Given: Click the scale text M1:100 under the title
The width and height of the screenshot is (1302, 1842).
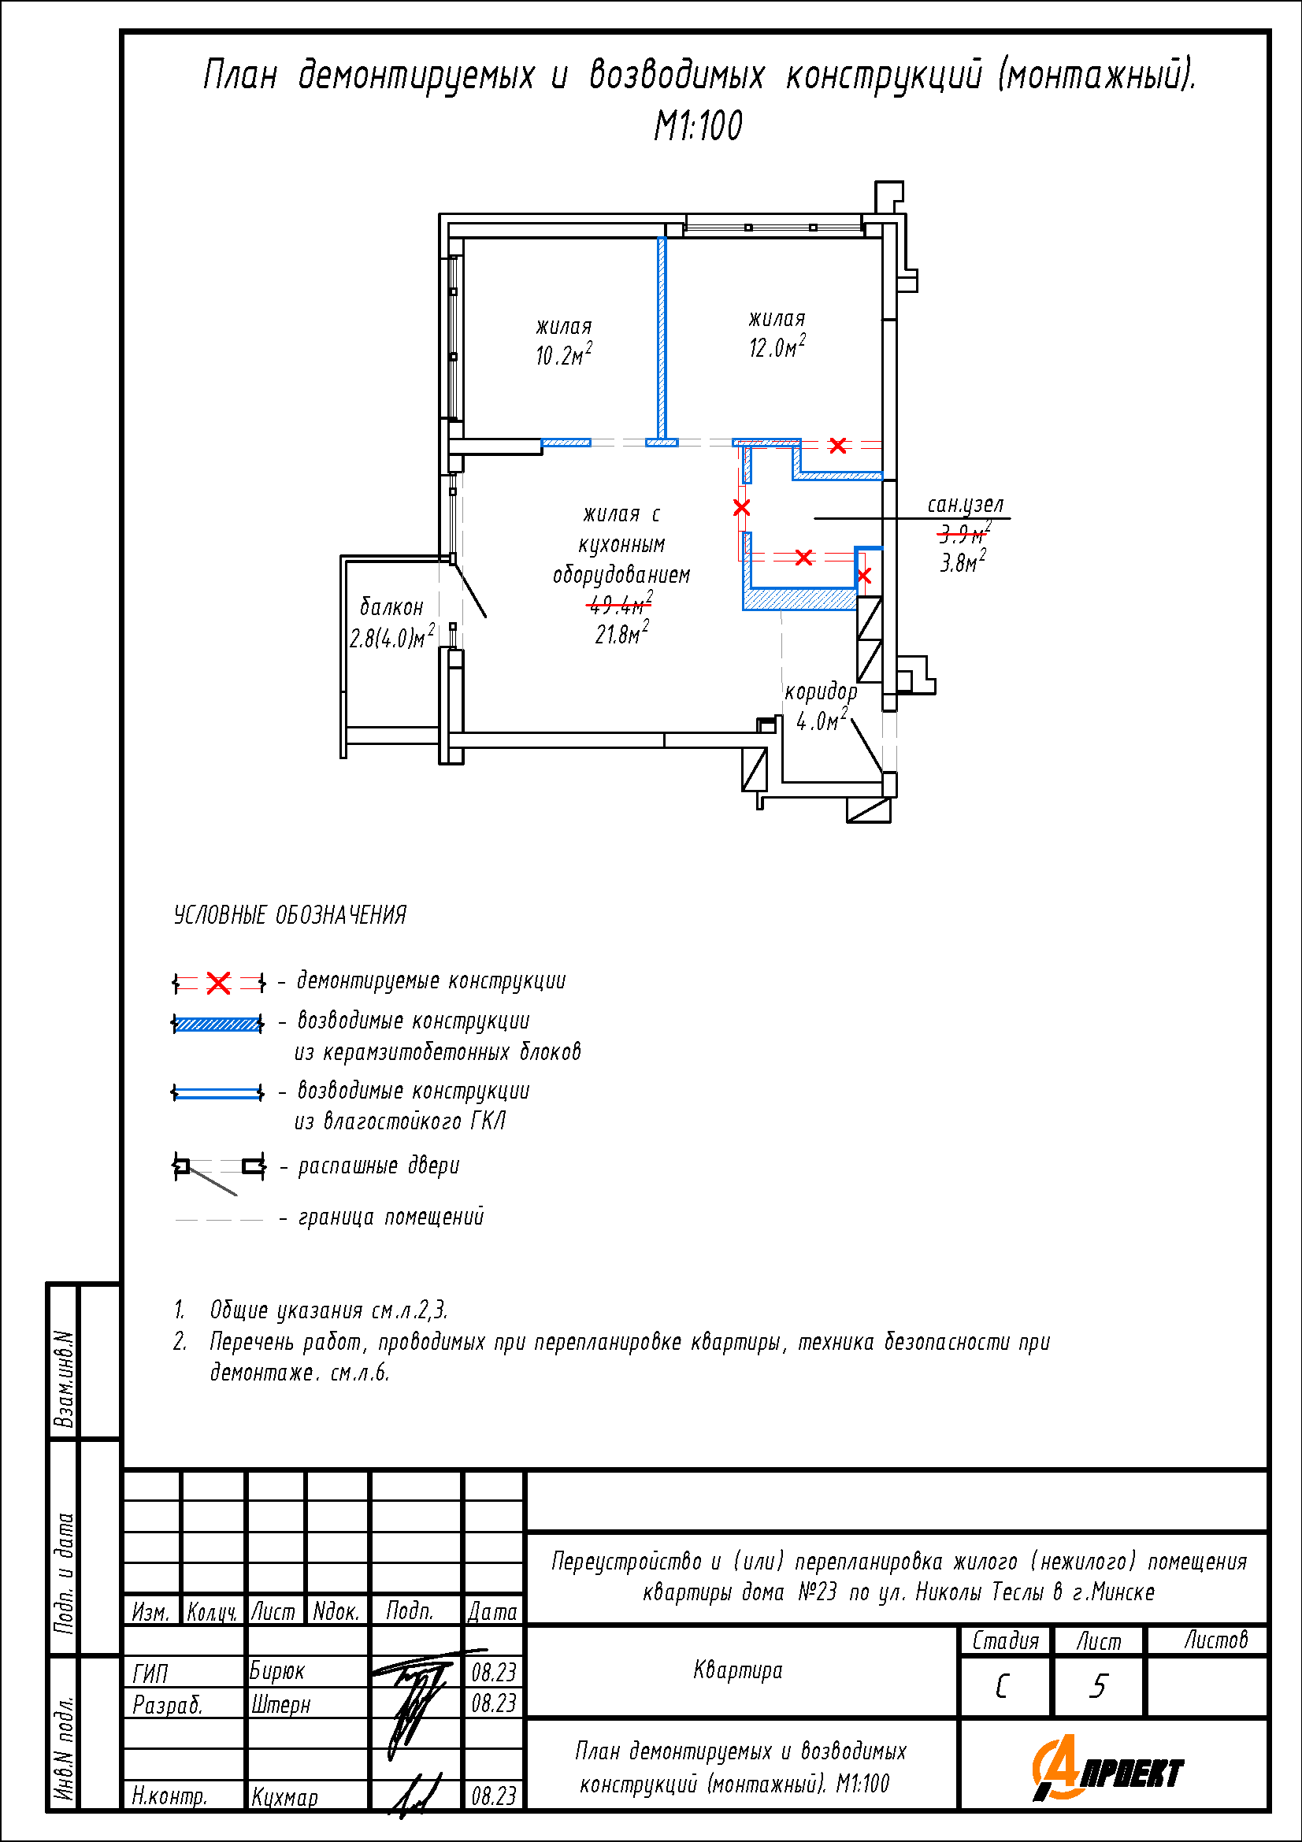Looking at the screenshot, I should coord(697,126).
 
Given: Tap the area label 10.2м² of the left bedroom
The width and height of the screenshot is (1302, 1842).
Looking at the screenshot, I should coord(563,354).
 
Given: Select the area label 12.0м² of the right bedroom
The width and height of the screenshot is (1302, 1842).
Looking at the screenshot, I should coord(777,347).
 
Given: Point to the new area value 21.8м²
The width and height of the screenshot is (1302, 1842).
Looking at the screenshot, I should coord(621,634).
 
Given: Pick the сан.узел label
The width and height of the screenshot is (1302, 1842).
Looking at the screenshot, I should coord(965,504).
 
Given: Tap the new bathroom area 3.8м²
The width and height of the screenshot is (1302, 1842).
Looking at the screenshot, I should coord(963,561).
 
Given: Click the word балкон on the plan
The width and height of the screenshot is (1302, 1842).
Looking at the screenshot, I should coord(391,606).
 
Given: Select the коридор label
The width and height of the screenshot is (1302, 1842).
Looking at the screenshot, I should coord(821,691).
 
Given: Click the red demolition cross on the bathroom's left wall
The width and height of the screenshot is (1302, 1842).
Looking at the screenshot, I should coord(741,508).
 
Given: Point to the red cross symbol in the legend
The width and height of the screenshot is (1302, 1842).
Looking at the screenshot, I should coord(218,983).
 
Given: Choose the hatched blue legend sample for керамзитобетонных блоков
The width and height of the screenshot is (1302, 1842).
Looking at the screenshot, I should coord(217,1024).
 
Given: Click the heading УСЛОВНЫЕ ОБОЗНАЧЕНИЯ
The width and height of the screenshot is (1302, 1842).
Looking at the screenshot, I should coord(290,915).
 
